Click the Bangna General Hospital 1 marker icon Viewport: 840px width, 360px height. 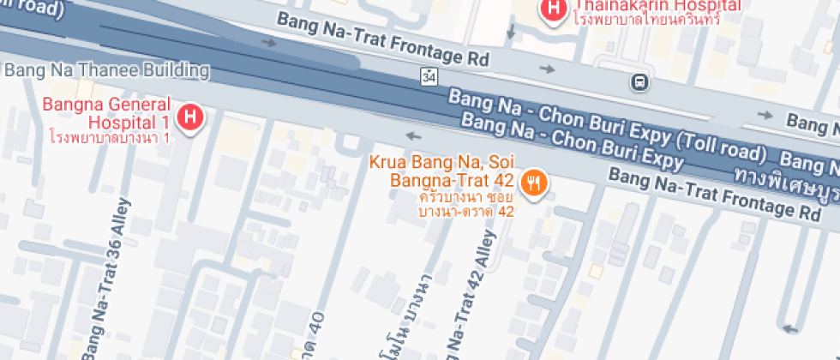pos(189,116)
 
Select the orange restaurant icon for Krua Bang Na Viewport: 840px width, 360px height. pos(535,181)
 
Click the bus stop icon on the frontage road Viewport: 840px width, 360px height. pos(639,82)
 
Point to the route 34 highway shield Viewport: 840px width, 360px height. pos(429,77)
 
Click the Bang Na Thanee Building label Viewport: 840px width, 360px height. pos(107,69)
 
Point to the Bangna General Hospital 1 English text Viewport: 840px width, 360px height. pos(107,113)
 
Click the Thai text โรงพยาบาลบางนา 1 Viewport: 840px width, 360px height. pos(110,136)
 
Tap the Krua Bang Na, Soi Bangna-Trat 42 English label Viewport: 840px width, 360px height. pos(441,171)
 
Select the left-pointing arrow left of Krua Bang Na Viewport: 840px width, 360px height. pos(413,135)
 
